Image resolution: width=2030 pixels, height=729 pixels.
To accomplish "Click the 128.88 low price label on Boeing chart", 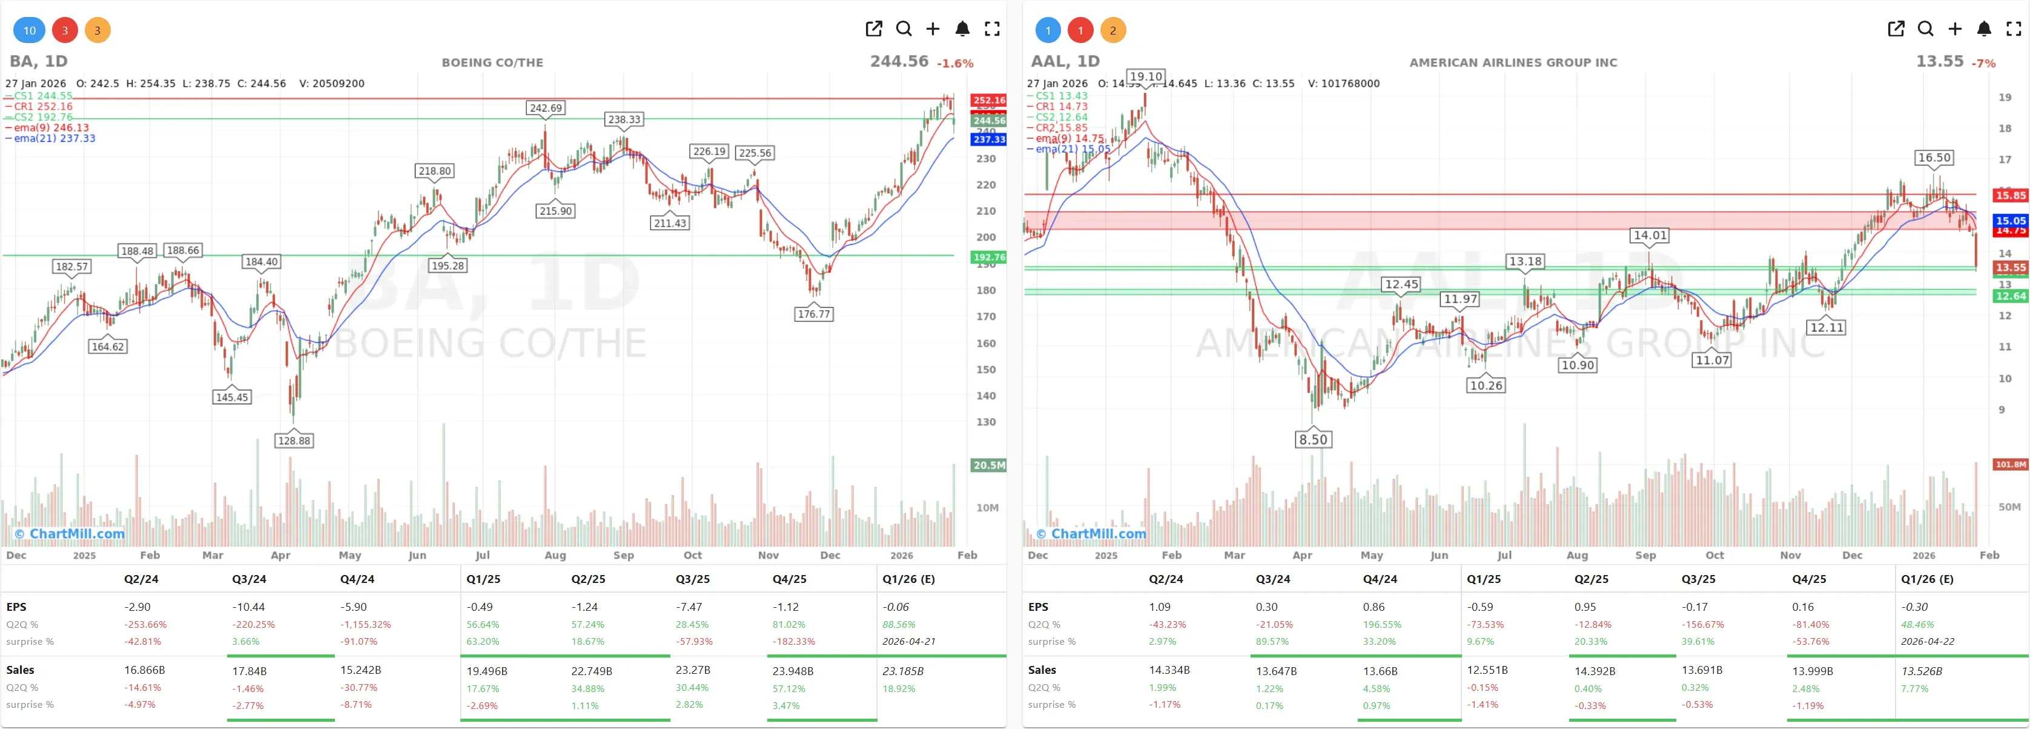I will click(x=294, y=441).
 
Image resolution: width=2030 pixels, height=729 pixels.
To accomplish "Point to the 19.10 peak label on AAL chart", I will click(x=1145, y=76).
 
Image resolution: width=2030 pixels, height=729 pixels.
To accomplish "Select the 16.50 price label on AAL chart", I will click(x=1934, y=158).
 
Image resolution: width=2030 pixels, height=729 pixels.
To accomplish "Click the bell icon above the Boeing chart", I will click(x=962, y=29).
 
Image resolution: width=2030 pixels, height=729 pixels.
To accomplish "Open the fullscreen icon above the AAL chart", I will click(x=2014, y=29).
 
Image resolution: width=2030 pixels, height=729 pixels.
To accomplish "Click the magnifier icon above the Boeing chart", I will click(x=904, y=29).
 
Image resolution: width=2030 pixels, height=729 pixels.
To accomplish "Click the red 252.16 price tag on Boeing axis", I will click(x=988, y=100).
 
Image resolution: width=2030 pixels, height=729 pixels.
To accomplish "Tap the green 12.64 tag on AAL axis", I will click(x=2009, y=296).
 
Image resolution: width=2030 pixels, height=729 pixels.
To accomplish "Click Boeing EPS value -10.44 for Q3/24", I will click(x=248, y=607).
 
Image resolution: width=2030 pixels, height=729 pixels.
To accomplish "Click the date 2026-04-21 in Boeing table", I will click(x=908, y=642).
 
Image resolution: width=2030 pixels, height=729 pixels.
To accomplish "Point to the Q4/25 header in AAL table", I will click(x=1808, y=579).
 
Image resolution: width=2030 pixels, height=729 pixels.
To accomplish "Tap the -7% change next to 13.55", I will click(x=1983, y=63).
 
